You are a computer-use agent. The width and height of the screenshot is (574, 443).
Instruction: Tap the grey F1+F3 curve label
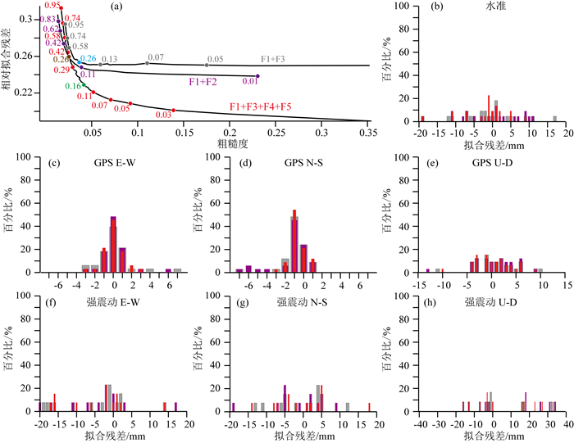[274, 60]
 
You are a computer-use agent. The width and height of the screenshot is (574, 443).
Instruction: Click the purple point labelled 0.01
[257, 76]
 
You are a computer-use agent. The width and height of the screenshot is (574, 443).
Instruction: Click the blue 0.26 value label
[88, 58]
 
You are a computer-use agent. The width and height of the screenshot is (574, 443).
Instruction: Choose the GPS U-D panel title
[495, 163]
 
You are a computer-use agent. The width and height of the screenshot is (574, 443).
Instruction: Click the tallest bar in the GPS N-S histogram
[294, 241]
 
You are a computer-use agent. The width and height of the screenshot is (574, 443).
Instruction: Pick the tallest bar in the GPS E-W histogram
[113, 244]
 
